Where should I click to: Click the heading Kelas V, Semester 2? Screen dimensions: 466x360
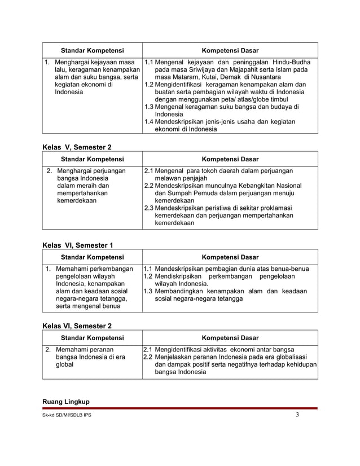click(x=77, y=147)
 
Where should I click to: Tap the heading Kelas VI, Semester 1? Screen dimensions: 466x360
click(x=78, y=244)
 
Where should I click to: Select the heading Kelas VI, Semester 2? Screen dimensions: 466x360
click(x=77, y=326)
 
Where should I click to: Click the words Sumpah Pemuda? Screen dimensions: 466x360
click(x=178, y=192)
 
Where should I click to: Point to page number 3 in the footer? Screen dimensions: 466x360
click(x=297, y=417)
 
